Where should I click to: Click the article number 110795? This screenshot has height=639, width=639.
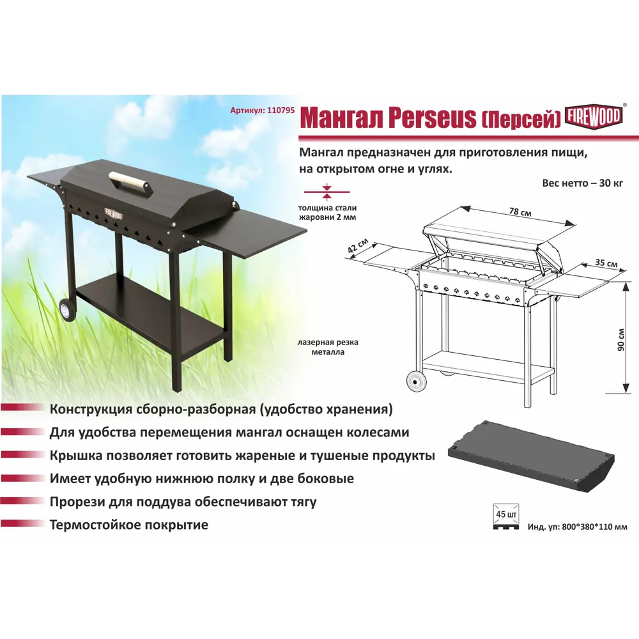click(279, 110)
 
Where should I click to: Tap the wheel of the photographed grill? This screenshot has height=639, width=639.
click(66, 311)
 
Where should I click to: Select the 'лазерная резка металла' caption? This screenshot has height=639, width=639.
click(327, 347)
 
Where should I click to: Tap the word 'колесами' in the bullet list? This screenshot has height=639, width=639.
click(381, 432)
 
